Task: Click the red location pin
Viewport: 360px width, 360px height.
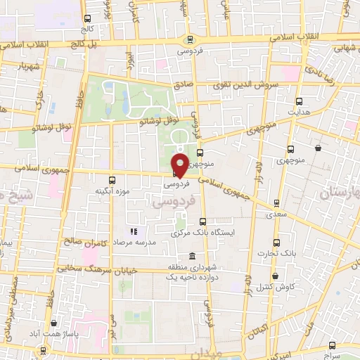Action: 180,165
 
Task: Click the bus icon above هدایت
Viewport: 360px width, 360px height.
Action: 299,101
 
